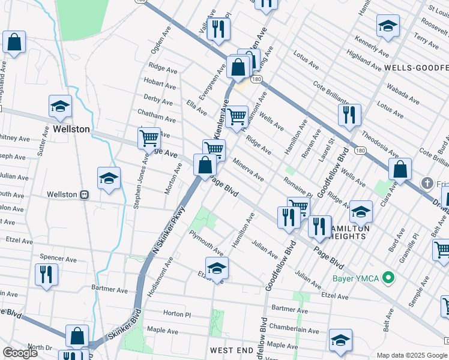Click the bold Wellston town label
coord(71,129)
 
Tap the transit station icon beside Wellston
coord(85,194)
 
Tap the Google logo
coord(20,353)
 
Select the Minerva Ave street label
coord(249,170)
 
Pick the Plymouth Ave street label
coord(206,241)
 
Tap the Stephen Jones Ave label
coord(141,181)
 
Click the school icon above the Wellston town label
coord(60,107)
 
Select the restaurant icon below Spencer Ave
coord(45,275)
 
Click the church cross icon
coord(427,182)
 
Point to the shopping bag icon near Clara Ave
coord(400,169)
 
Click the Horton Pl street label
coord(176,313)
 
